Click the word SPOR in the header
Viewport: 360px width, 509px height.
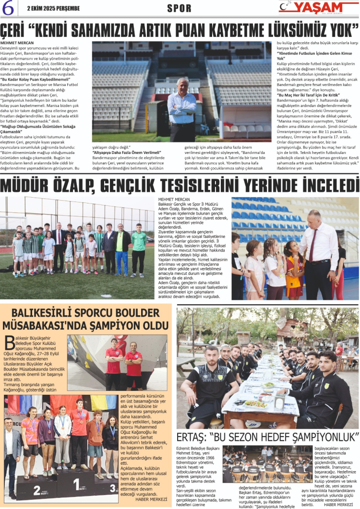(179, 9)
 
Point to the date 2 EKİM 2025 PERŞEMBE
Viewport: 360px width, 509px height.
(54, 8)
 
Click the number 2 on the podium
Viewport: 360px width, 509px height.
(37, 490)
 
